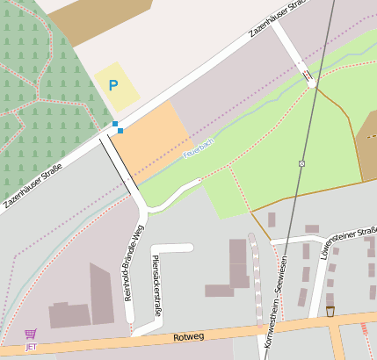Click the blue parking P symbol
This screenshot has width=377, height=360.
[112, 85]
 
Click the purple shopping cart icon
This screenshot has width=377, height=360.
[31, 335]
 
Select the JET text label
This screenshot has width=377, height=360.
[31, 347]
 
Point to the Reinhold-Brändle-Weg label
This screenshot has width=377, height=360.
[134, 263]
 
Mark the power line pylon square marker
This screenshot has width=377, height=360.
[301, 163]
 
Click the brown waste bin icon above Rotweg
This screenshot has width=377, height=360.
[330, 311]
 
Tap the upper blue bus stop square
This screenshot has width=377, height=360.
[114, 124]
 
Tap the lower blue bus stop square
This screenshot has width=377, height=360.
[120, 131]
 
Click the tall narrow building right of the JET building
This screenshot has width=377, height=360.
[101, 294]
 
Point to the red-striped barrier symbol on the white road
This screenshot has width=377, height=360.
[308, 76]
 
